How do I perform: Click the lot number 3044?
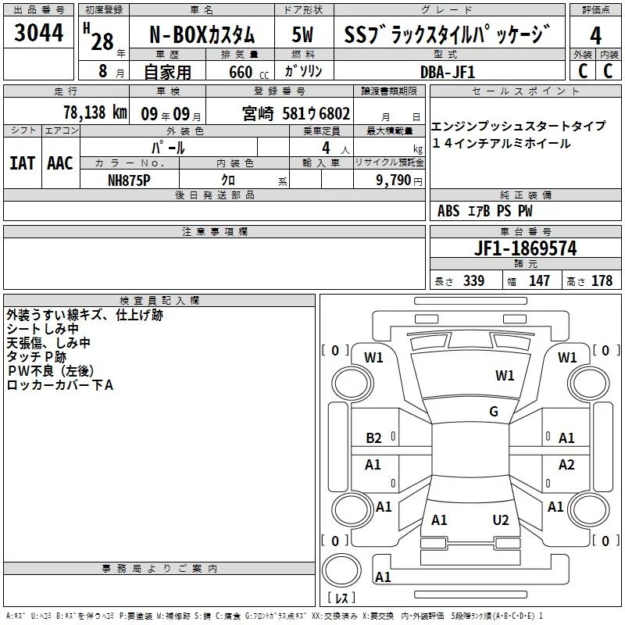pos(38,33)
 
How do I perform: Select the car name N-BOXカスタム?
pos(202,35)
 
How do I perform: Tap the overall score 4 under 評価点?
pos(595,36)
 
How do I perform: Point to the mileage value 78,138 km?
pos(95,112)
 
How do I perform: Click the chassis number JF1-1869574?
pos(525,248)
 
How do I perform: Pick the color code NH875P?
pos(129,180)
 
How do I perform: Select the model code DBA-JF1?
pos(448,72)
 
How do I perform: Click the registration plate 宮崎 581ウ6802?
pos(296,113)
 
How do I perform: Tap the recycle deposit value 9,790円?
pos(399,180)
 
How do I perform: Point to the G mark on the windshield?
pos(494,412)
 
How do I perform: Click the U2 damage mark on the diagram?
pos(501,520)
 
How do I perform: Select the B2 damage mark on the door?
pos(373,438)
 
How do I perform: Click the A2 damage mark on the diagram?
pos(566,464)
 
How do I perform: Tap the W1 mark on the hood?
pos(505,376)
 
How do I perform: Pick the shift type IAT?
pos(22,163)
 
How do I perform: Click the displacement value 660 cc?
pos(248,73)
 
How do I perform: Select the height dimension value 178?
pos(602,280)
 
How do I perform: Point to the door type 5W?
pos(302,35)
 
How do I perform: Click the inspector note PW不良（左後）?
pos(51,371)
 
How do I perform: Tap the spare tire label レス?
pos(341,598)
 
